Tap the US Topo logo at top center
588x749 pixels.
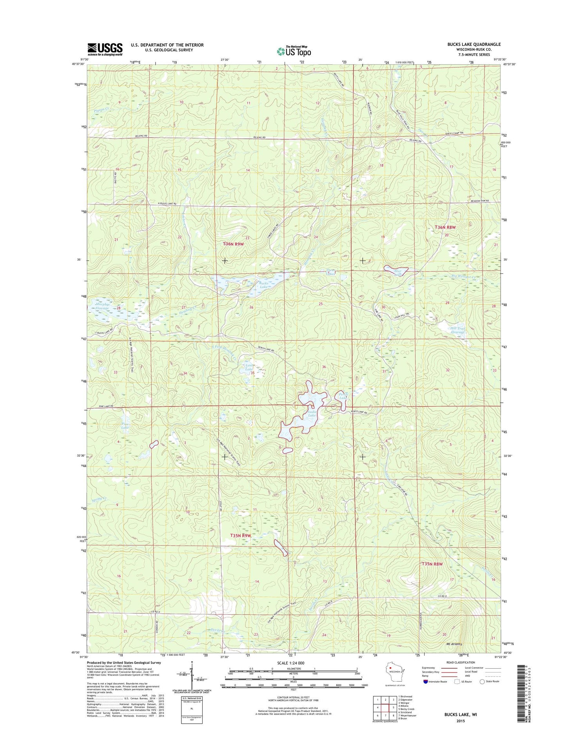coord(294,51)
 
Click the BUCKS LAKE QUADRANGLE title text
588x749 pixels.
coord(474,44)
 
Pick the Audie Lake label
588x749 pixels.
coord(312,414)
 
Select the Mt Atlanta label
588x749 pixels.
coord(454,644)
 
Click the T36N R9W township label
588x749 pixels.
coord(234,244)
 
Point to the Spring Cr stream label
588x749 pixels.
coord(99,499)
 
